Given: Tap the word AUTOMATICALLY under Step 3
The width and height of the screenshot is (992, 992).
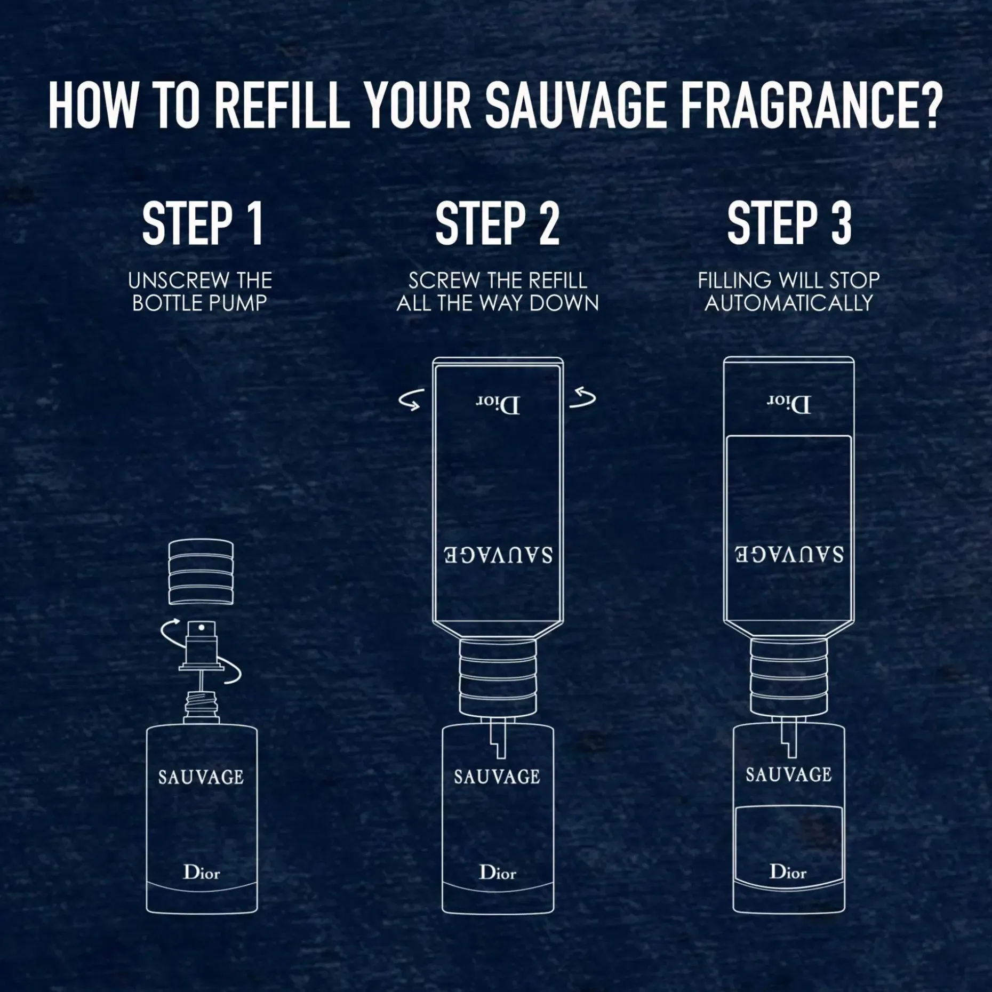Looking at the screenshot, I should click(x=789, y=303).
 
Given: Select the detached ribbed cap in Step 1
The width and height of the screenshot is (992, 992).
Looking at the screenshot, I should click(x=201, y=572).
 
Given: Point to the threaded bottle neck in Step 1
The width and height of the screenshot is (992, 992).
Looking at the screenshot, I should click(x=202, y=705).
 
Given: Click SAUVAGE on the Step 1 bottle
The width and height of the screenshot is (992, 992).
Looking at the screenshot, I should click(x=201, y=777).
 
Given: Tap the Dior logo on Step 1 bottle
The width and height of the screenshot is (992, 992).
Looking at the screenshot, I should click(x=201, y=873).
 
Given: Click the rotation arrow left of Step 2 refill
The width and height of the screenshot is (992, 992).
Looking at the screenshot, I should click(x=412, y=400).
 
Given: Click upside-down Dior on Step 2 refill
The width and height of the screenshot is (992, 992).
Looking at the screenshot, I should click(x=498, y=405).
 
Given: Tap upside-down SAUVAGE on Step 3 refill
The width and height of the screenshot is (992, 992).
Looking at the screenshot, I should click(x=789, y=555).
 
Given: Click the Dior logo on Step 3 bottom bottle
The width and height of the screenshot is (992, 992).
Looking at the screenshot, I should click(x=788, y=872).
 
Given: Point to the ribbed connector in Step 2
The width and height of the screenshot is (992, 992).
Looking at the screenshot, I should click(x=498, y=677).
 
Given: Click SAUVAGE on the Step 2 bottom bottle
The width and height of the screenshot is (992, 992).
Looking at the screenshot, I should click(x=497, y=777).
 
